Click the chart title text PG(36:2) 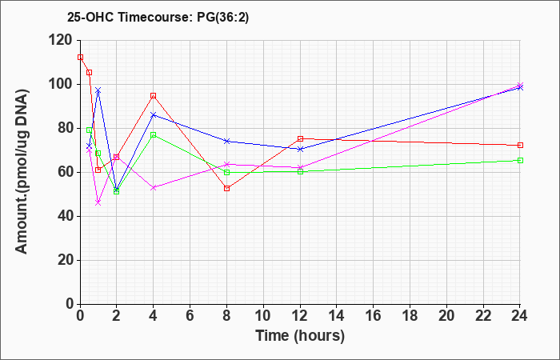point(223,18)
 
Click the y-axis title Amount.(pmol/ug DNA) point(22,171)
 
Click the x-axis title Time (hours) point(300,336)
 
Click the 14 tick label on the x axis point(337,316)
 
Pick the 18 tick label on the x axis point(410,316)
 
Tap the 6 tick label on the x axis point(190,316)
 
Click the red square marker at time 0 point(80,57)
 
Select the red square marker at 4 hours point(154,96)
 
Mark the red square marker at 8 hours point(226,188)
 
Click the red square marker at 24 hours point(520,146)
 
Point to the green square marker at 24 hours point(520,160)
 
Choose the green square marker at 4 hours point(154,134)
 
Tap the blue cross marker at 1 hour point(98,90)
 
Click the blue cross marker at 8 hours point(226,141)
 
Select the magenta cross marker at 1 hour point(98,203)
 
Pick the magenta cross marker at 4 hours point(154,187)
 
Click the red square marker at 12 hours point(300,138)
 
